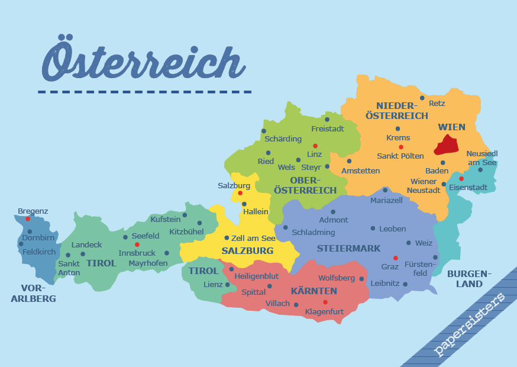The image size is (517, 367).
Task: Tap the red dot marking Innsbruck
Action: coord(137,244)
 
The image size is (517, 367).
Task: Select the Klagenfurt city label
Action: coord(324,311)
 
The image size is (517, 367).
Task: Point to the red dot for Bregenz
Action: coord(27,219)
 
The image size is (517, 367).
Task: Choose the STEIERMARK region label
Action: coord(348,249)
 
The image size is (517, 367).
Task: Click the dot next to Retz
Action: coord(422,98)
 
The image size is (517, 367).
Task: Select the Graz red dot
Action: coord(395,257)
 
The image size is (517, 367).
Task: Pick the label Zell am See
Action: coord(253,238)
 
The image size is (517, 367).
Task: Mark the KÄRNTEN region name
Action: coord(314,291)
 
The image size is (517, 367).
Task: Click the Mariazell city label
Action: coord(386,201)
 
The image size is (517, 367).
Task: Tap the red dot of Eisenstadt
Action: coord(461,178)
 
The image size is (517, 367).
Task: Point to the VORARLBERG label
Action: coord(33,294)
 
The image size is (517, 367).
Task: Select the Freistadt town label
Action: coord(328,128)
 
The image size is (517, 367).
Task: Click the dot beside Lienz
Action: coord(228,285)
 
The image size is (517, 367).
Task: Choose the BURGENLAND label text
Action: coord(469,279)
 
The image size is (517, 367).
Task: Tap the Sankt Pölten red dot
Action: coord(401,147)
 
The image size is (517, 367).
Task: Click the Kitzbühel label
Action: coord(186,232)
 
